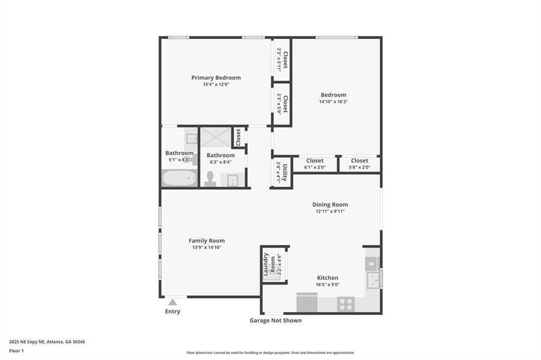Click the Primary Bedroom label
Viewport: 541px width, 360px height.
pyautogui.click(x=216, y=78)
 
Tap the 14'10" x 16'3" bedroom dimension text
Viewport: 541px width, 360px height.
pyautogui.click(x=333, y=102)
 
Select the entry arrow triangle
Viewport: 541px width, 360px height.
pyautogui.click(x=172, y=302)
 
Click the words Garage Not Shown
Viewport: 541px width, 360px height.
pyautogui.click(x=275, y=320)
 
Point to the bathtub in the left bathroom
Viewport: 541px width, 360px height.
pyautogui.click(x=179, y=178)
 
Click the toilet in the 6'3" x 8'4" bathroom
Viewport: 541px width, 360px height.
pyautogui.click(x=210, y=178)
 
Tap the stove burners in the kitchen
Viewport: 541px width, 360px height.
pyautogui.click(x=346, y=304)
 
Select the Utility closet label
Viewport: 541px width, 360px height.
pyautogui.click(x=285, y=172)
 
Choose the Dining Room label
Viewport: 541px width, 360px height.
pyautogui.click(x=330, y=205)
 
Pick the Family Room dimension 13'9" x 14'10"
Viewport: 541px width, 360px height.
pyautogui.click(x=207, y=247)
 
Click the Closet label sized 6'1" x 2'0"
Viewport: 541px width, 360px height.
pyautogui.click(x=315, y=160)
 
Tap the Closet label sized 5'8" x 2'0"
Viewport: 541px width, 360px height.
pyautogui.click(x=359, y=160)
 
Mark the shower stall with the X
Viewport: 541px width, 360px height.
pyautogui.click(x=216, y=137)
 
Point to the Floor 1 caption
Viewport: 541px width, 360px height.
pyautogui.click(x=16, y=350)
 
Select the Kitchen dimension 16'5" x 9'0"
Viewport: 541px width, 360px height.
pyautogui.click(x=328, y=285)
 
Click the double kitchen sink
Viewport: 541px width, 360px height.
pyautogui.click(x=373, y=280)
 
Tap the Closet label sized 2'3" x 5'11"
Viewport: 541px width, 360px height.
pyautogui.click(x=285, y=60)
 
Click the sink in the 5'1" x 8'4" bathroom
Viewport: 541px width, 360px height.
pyautogui.click(x=191, y=139)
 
